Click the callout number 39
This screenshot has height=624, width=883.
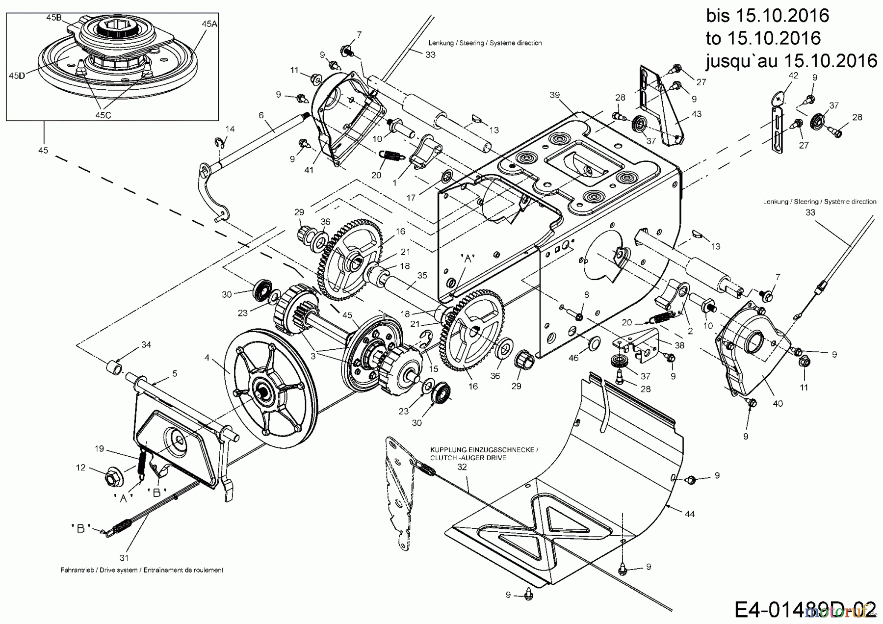pyautogui.click(x=554, y=95)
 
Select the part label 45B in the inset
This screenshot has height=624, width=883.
pyautogui.click(x=53, y=17)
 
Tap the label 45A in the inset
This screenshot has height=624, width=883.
pyautogui.click(x=209, y=24)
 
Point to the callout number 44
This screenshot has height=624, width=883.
pyautogui.click(x=690, y=514)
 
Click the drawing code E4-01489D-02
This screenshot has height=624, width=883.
pyautogui.click(x=805, y=609)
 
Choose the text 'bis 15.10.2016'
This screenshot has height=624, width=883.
pyautogui.click(x=768, y=15)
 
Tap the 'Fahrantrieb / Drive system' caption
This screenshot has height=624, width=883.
pyautogui.click(x=142, y=570)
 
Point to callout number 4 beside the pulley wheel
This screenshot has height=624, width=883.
pyautogui.click(x=207, y=358)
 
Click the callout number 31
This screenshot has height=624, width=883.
pyautogui.click(x=124, y=557)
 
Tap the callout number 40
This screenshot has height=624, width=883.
pyautogui.click(x=778, y=403)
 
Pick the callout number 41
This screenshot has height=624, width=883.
pyautogui.click(x=309, y=170)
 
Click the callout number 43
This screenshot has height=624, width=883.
pyautogui.click(x=697, y=114)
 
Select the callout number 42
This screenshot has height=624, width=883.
pyautogui.click(x=793, y=75)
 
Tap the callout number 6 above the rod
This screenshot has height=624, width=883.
pyautogui.click(x=261, y=115)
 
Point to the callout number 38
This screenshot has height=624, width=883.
pyautogui.click(x=679, y=345)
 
